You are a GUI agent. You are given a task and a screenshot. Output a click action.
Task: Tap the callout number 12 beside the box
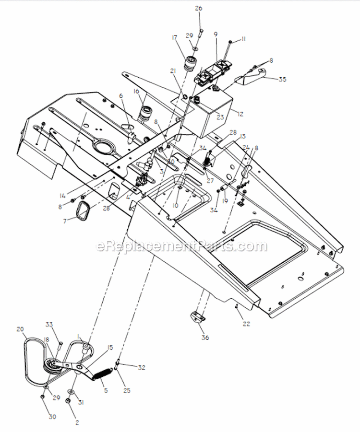pos(240,114)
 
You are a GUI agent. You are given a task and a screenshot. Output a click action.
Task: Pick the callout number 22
pos(246,324)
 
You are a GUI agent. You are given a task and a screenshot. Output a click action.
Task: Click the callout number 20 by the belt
pos(20,329)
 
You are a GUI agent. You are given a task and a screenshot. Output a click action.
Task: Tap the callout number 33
pos(48,325)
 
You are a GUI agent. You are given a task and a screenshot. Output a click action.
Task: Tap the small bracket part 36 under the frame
pos(197,318)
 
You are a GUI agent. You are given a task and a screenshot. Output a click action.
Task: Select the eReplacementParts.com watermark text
pos(181,246)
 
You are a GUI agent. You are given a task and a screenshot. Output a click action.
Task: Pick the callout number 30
pos(52,417)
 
